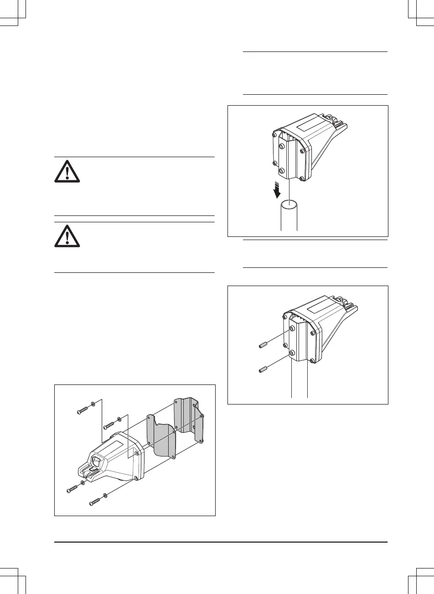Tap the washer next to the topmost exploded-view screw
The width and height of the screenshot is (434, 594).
click(93, 404)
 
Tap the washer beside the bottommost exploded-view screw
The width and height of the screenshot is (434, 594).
click(105, 495)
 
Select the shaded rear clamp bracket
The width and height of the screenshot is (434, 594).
click(188, 421)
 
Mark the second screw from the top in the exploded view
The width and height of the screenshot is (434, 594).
click(109, 424)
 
